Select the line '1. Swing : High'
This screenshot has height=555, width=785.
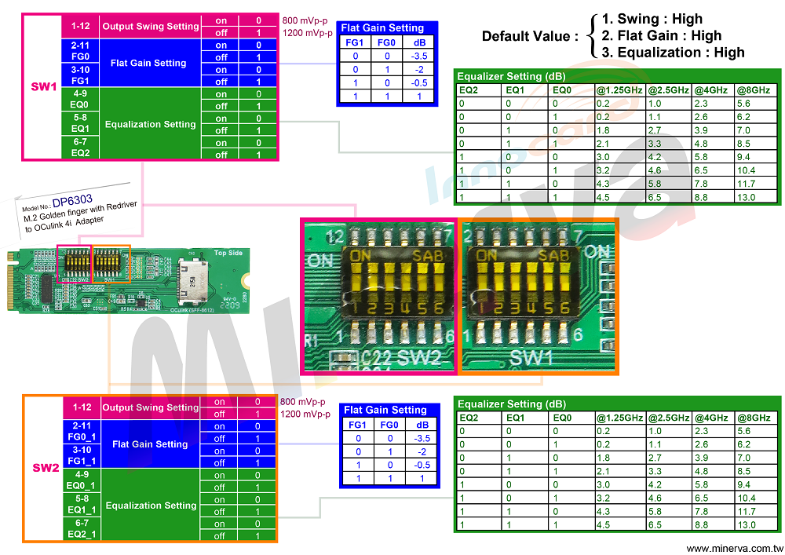pos(652,19)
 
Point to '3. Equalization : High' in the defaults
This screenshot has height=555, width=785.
pos(673,53)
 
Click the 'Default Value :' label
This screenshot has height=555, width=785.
pos(530,36)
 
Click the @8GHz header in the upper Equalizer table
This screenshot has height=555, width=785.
pos(749,89)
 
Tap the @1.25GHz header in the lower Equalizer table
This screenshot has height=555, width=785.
pos(619,418)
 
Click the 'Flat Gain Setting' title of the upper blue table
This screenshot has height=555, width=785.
pos(382,28)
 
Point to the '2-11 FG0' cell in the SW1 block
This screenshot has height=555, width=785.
pos(80,51)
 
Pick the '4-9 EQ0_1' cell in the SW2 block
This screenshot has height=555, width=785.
pos(81,480)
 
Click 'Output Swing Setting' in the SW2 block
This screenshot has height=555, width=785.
pos(151,407)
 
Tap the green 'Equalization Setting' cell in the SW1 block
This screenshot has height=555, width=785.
pos(150,124)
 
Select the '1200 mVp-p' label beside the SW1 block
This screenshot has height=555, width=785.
pos(306,32)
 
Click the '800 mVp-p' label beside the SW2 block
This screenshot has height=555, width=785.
pos(302,402)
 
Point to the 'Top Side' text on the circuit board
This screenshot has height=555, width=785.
pos(229,254)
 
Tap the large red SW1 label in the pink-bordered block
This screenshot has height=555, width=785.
pos(43,86)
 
